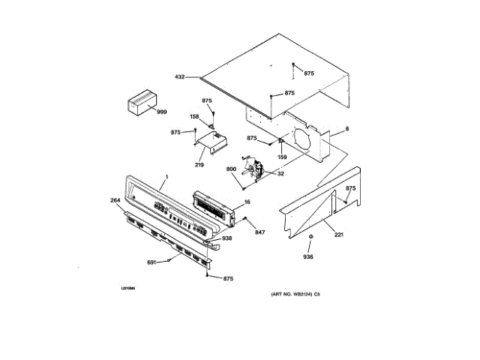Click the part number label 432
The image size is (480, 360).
[179, 76]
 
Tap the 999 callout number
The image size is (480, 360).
[161, 112]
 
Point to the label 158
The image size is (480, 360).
[193, 116]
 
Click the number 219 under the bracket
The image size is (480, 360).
[199, 164]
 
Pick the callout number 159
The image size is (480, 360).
[282, 157]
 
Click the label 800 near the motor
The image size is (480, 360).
[232, 169]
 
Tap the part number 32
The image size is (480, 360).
[280, 173]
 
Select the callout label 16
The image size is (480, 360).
[246, 202]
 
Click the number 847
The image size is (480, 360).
[259, 234]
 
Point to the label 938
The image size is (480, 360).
[226, 238]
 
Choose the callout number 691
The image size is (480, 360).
[151, 262]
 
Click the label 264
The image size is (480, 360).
[115, 200]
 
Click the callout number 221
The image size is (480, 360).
[338, 235]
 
